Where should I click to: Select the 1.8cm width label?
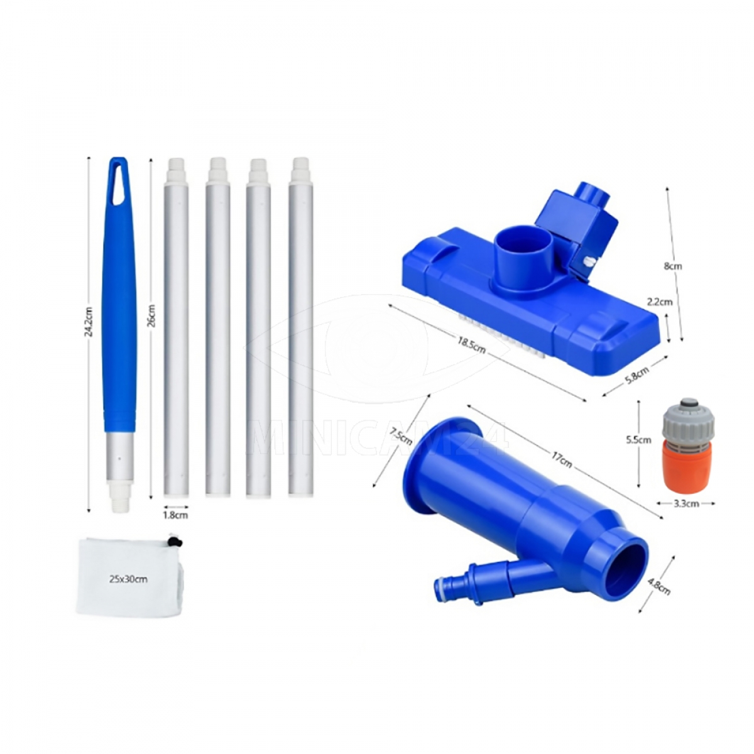(175, 515)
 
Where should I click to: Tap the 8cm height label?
(673, 266)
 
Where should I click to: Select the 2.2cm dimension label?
(660, 302)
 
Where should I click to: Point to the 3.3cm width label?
(687, 503)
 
